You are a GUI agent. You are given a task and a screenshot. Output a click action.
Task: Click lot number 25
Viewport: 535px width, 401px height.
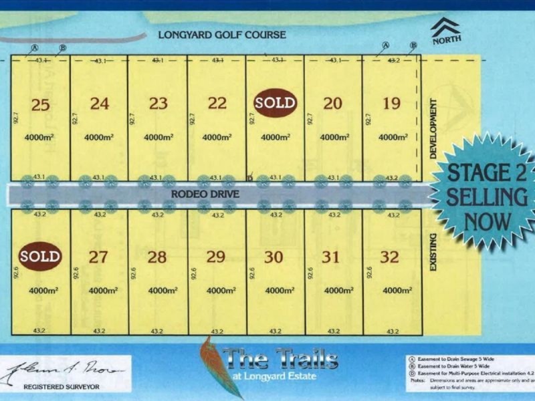point(40,104)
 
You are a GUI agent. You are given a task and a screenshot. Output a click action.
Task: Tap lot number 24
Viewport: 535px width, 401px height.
point(100,104)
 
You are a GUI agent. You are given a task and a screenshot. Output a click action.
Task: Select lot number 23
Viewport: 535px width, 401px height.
point(158,104)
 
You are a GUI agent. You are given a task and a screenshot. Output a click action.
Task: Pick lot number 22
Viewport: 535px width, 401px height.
point(217,104)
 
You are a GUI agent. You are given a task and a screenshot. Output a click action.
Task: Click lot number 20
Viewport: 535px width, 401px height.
point(332,104)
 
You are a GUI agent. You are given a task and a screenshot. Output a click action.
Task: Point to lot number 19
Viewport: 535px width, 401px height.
point(391,104)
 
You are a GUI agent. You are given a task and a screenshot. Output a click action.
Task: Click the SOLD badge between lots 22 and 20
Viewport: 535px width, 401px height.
point(274,104)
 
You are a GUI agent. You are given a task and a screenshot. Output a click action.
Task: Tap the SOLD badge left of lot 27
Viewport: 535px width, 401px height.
point(40,257)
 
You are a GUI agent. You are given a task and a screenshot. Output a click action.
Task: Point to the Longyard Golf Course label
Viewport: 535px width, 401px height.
point(221,35)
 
